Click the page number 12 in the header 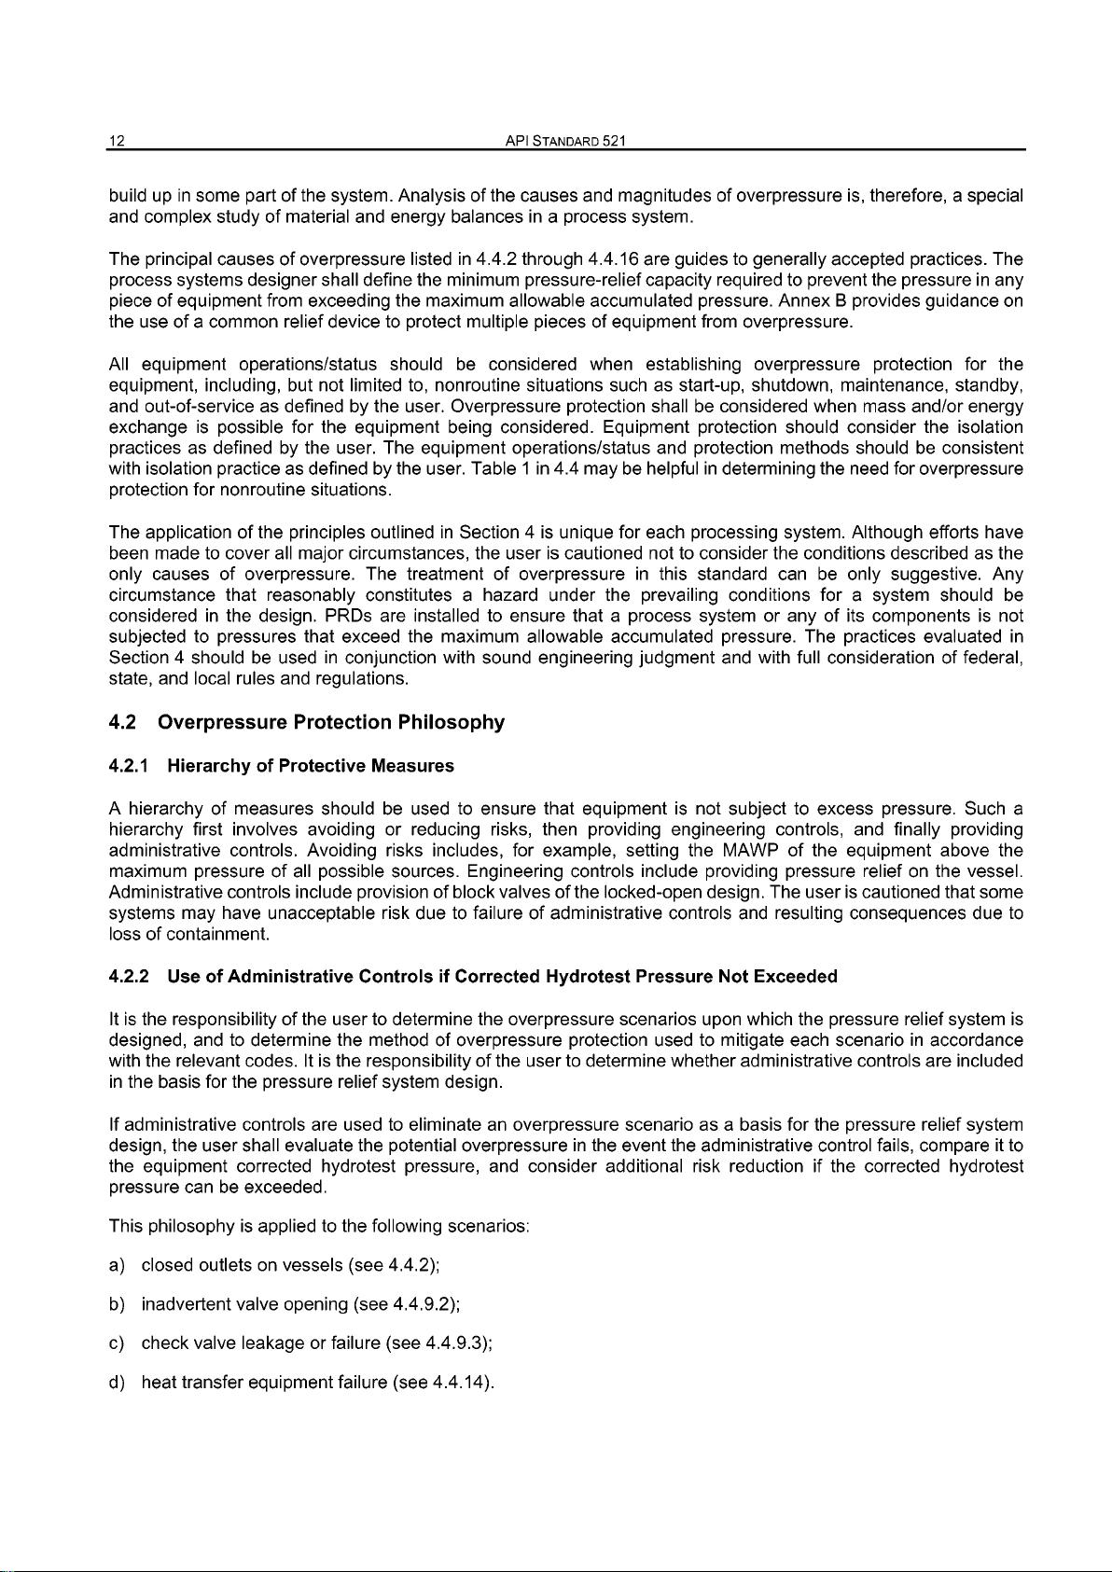pyautogui.click(x=117, y=141)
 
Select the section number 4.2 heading pyautogui.click(x=124, y=722)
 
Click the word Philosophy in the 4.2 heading pyautogui.click(x=451, y=722)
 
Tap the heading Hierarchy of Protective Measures pyautogui.click(x=311, y=766)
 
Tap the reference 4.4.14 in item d pyautogui.click(x=461, y=1382)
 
